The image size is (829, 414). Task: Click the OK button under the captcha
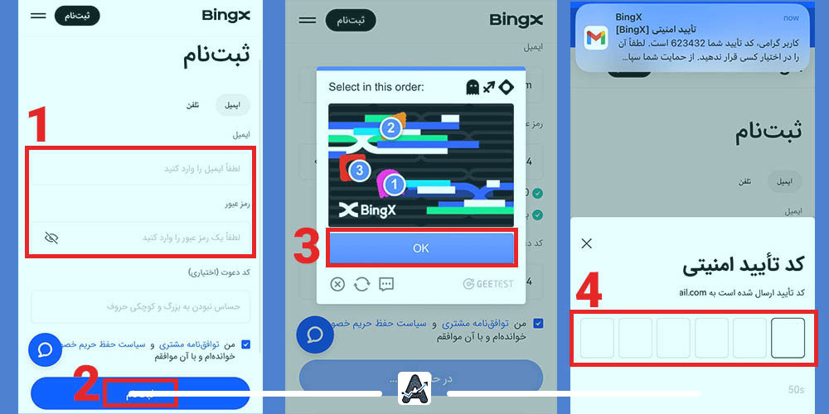coord(421,248)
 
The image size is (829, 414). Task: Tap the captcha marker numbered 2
coord(390,128)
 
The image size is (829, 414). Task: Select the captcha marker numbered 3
coord(359,171)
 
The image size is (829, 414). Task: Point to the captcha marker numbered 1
coord(393,185)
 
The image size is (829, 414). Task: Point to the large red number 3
coord(307,246)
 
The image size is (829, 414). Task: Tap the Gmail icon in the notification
coord(596,37)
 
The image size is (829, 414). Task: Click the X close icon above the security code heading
coord(587,243)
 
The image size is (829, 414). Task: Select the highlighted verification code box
coord(788,337)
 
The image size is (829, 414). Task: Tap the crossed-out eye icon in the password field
coord(51,238)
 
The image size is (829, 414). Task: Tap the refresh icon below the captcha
coord(361,284)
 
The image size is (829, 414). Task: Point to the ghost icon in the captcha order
coord(473,87)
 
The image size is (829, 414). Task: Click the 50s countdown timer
coord(796,389)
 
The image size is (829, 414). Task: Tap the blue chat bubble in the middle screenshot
coord(315,335)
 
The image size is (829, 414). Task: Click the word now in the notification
coord(791,17)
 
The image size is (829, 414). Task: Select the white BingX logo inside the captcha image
coord(367,209)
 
